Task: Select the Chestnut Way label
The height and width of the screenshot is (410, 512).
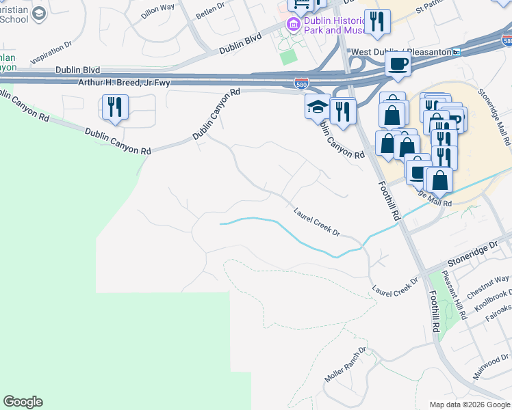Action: [488, 287]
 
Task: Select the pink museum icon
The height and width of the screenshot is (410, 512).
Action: [294, 25]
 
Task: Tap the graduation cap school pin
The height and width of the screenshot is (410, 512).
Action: [317, 107]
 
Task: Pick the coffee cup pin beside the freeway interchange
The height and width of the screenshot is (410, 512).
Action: [397, 66]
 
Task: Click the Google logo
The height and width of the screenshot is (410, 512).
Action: [23, 402]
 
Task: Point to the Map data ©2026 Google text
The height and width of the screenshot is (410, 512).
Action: [469, 405]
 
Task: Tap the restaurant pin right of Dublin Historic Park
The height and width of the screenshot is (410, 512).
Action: [376, 22]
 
